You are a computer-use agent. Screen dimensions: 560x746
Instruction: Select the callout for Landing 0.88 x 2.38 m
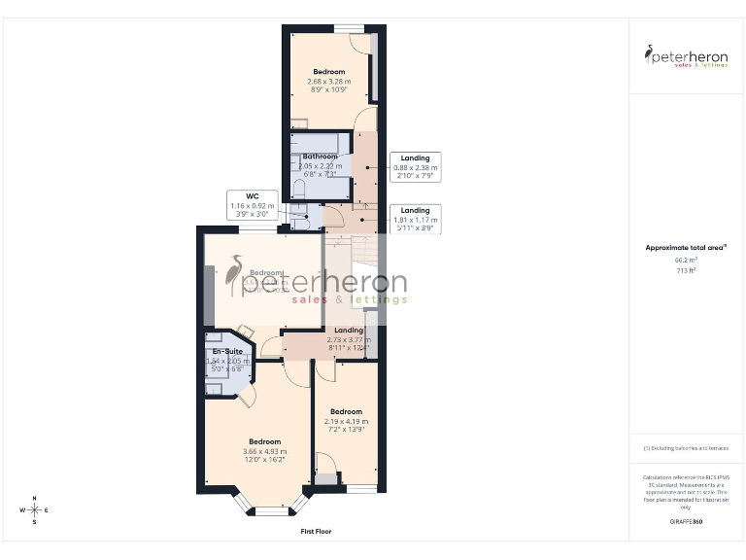(415, 167)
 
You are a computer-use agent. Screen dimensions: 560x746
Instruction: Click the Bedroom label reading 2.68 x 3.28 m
(329, 82)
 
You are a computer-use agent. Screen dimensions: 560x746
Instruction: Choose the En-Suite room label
(228, 356)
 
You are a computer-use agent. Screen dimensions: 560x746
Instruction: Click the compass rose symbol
(34, 509)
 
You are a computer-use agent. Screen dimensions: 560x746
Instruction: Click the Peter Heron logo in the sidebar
(687, 56)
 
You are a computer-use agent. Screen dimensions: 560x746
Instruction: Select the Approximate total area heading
(686, 248)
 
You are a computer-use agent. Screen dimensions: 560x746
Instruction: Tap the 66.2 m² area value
(686, 261)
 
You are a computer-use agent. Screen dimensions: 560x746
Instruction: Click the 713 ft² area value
(686, 270)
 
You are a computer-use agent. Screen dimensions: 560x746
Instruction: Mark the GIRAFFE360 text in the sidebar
(686, 522)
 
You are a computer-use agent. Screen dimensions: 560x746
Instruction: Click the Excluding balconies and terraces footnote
(686, 447)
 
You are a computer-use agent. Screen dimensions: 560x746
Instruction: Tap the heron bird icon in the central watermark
(234, 275)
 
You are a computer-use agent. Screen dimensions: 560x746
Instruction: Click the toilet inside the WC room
(300, 222)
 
